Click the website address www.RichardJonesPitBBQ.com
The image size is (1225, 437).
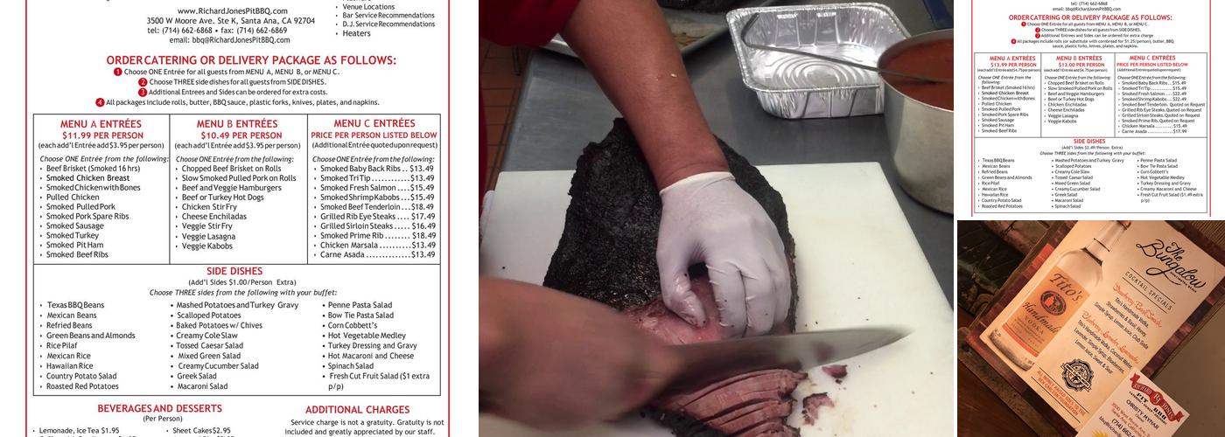tap(232, 10)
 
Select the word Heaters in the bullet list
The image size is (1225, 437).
tap(356, 34)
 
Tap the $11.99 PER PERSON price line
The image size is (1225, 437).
tap(102, 135)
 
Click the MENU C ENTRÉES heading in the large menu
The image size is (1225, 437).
tap(374, 124)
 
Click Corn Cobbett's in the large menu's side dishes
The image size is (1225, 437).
tap(353, 325)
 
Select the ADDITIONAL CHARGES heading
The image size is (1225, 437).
tap(357, 409)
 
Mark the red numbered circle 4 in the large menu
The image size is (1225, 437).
tap(100, 102)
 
